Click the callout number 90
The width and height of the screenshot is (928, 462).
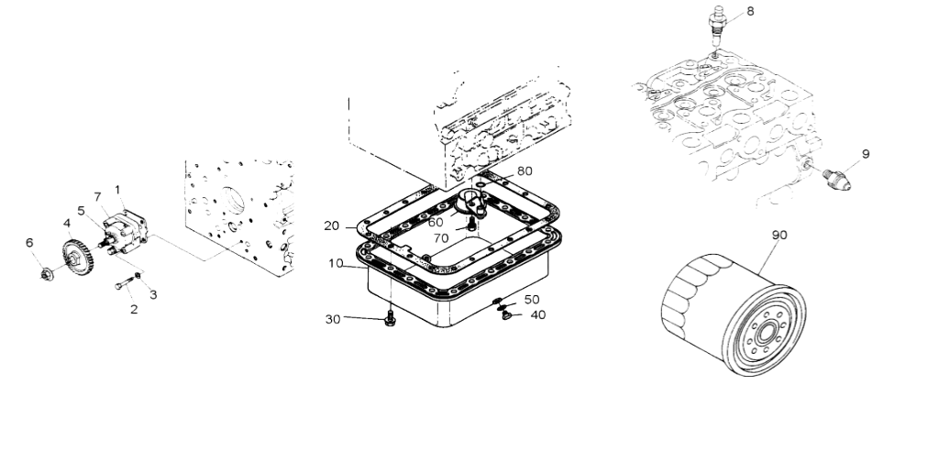(x=779, y=235)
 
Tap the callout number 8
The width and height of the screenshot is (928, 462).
(x=750, y=11)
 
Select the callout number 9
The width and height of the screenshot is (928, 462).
(x=866, y=154)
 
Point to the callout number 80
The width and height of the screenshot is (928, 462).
(x=525, y=170)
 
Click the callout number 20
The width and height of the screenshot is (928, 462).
(x=331, y=226)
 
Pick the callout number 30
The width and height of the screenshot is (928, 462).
(x=333, y=319)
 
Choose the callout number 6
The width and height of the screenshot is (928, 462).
(x=29, y=243)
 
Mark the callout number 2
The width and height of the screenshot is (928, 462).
(x=134, y=309)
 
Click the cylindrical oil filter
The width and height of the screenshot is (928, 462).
(x=734, y=314)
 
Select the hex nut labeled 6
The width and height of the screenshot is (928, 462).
(x=47, y=274)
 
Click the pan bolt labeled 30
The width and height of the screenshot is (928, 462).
(x=390, y=318)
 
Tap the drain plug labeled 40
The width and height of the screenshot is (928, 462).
(x=506, y=315)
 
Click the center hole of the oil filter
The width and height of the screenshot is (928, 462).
(x=766, y=333)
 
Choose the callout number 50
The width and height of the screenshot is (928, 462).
(x=532, y=300)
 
